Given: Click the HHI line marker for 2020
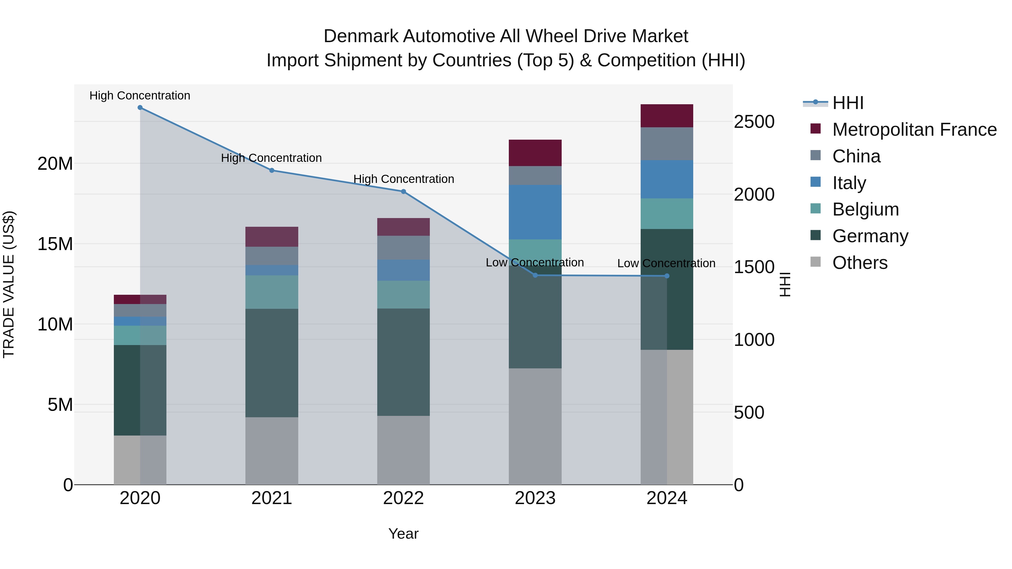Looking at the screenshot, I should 140,108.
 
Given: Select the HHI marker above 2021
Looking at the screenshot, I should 272,171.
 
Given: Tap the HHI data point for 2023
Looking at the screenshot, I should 535,275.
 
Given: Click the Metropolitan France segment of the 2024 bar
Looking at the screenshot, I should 667,116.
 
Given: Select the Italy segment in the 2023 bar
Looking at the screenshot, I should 535,212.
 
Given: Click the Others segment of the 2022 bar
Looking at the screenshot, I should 403,450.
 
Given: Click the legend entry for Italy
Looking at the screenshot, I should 849,183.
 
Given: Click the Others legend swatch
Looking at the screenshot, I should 816,262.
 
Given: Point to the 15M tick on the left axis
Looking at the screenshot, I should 55,244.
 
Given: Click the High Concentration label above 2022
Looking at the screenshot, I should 403,179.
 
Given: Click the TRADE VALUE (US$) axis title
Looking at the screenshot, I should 9,284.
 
